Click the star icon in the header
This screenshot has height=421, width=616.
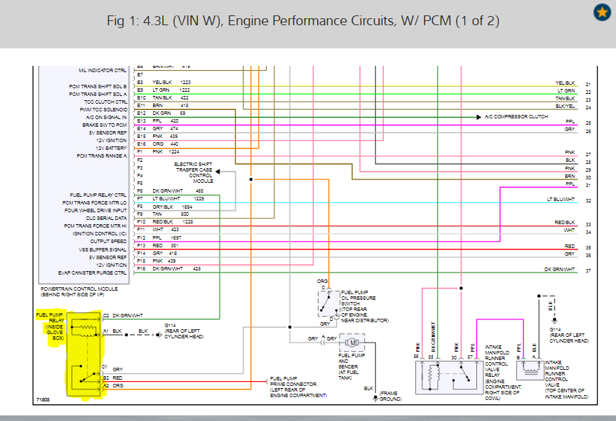pos(601,13)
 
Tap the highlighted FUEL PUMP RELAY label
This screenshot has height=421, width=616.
pos(49,326)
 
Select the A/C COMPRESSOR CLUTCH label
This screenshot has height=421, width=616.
pos(516,116)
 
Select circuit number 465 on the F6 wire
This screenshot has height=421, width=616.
pos(199,191)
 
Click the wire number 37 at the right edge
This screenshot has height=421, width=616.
pos(588,270)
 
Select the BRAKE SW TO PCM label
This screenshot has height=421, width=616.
pos(105,125)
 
